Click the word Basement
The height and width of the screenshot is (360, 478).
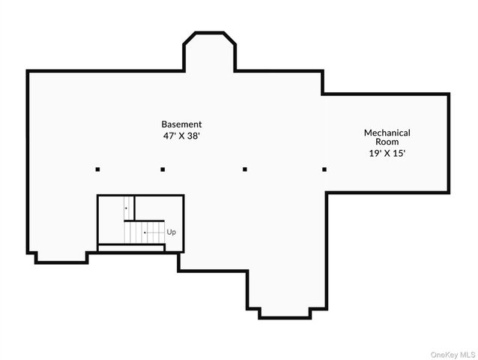pyautogui.click(x=181, y=124)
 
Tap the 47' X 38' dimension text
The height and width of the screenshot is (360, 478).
pyautogui.click(x=181, y=136)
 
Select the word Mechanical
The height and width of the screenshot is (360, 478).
pyautogui.click(x=387, y=133)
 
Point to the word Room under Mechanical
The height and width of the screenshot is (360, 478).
pyautogui.click(x=387, y=142)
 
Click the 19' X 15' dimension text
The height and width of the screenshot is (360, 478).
pyautogui.click(x=387, y=153)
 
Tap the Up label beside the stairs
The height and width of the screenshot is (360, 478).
pyautogui.click(x=172, y=232)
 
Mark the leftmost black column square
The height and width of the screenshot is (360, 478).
pyautogui.click(x=97, y=169)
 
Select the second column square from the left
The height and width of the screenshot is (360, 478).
pyautogui.click(x=163, y=169)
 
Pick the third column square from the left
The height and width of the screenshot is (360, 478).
pyautogui.click(x=245, y=169)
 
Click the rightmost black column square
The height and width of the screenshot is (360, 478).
pyautogui.click(x=324, y=169)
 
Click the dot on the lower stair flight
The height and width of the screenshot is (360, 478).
pyautogui.click(x=145, y=232)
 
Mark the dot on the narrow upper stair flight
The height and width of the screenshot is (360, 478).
pyautogui.click(x=126, y=207)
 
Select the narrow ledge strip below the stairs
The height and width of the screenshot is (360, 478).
pyautogui.click(x=131, y=247)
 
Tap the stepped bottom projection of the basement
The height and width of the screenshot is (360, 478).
pyautogui.click(x=285, y=296)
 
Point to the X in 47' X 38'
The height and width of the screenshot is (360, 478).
pyautogui.click(x=181, y=136)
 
